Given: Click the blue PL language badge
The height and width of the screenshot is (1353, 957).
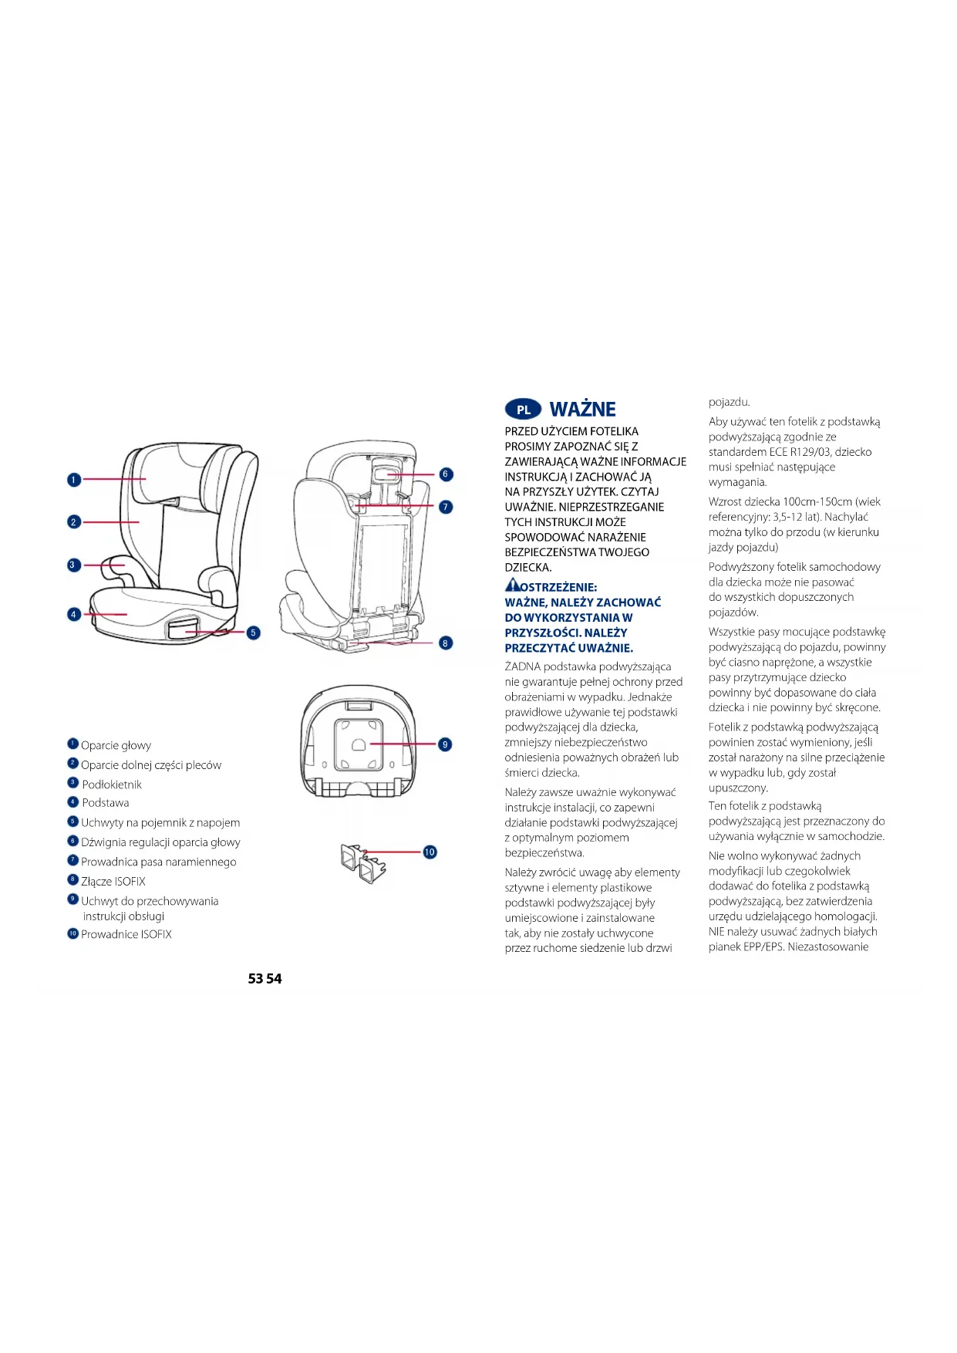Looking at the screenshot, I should tap(523, 410).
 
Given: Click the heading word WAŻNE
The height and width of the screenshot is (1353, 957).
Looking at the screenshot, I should tap(582, 410).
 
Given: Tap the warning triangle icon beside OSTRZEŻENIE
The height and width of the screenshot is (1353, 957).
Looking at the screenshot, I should tap(513, 585).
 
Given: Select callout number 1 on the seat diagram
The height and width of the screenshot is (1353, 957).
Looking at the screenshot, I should tap(74, 480).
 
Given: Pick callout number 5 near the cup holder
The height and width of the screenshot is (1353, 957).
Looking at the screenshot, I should tap(253, 633).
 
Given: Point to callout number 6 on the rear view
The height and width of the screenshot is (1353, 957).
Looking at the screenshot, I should tap(446, 474).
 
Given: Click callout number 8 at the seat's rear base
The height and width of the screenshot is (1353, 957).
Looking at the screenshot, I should tap(446, 643).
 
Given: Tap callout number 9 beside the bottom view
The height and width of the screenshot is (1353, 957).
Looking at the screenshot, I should tap(445, 744).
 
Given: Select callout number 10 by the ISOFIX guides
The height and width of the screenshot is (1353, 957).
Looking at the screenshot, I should tap(430, 852).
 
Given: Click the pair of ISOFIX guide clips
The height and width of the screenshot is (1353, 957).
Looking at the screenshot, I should tap(362, 862).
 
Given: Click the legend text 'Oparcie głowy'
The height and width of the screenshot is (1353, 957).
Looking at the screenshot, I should tap(116, 745).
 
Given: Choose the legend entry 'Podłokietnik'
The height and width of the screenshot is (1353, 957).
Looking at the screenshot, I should tap(112, 784).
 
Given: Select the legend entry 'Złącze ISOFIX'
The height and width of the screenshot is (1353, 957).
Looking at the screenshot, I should tap(113, 881).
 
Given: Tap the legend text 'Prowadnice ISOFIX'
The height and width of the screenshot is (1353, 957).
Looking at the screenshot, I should tap(126, 934).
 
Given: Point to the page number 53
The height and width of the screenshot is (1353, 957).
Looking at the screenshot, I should tap(256, 978).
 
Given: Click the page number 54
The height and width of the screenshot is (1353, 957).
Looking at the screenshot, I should tap(275, 978).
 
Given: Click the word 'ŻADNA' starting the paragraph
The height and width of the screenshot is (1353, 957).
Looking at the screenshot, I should tap(522, 666).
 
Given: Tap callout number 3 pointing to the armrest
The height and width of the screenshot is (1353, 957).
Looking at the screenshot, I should tap(72, 565).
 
